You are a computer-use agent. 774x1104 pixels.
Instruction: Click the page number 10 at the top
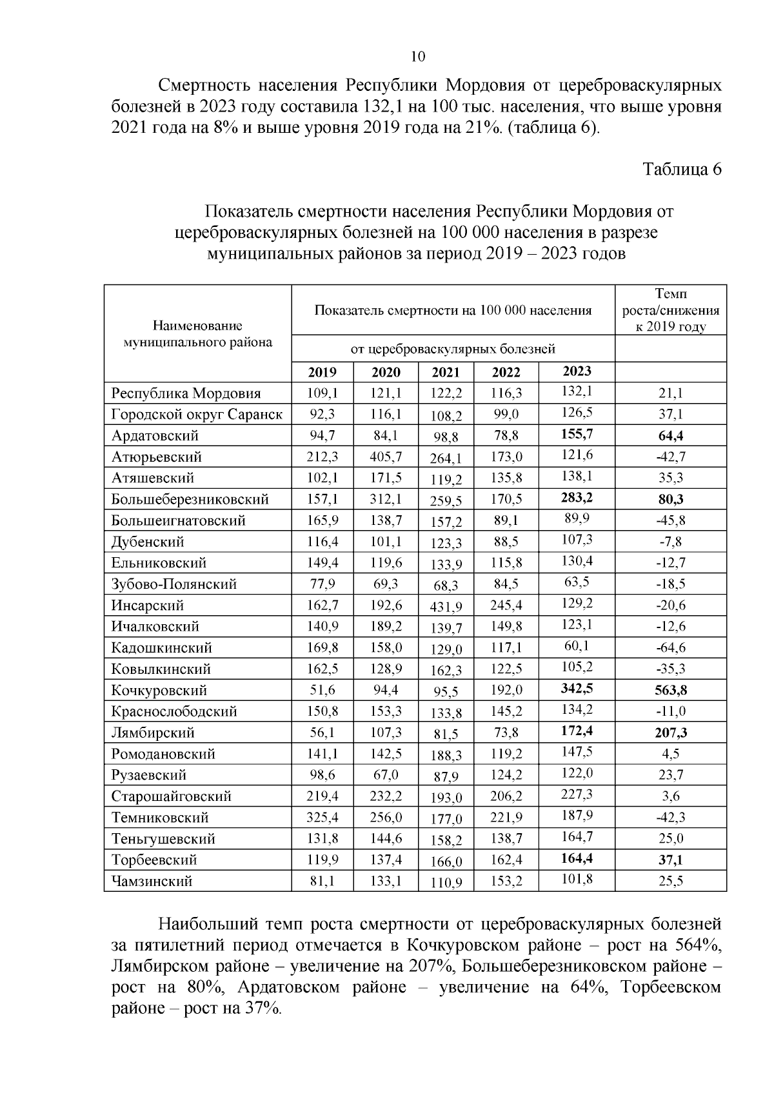[x=417, y=57]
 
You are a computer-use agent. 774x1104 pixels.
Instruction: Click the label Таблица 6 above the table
[x=681, y=169]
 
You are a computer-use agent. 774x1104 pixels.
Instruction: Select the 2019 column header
[x=322, y=372]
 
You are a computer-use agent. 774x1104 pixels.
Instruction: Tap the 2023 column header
[x=576, y=371]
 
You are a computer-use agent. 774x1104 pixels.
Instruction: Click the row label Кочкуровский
[x=159, y=691]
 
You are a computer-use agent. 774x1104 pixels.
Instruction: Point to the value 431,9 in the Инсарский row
[x=446, y=607]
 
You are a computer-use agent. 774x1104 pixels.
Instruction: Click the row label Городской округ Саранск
[x=196, y=414]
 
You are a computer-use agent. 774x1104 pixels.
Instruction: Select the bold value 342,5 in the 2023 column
[x=576, y=688]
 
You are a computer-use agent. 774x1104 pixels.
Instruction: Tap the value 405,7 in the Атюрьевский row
[x=386, y=457]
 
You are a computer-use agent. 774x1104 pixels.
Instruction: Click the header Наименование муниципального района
[x=197, y=334]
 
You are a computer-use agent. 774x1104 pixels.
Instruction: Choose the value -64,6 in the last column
[x=670, y=647]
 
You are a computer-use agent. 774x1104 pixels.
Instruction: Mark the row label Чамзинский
[x=152, y=881]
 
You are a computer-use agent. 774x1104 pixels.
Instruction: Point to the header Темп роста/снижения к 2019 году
[x=670, y=310]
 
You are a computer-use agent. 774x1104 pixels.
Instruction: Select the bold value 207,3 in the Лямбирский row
[x=670, y=733]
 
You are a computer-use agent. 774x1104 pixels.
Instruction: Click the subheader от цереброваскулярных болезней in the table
[x=453, y=350]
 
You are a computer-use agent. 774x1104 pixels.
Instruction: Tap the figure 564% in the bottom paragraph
[x=698, y=945]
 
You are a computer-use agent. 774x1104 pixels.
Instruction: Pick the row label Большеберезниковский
[x=190, y=499]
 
